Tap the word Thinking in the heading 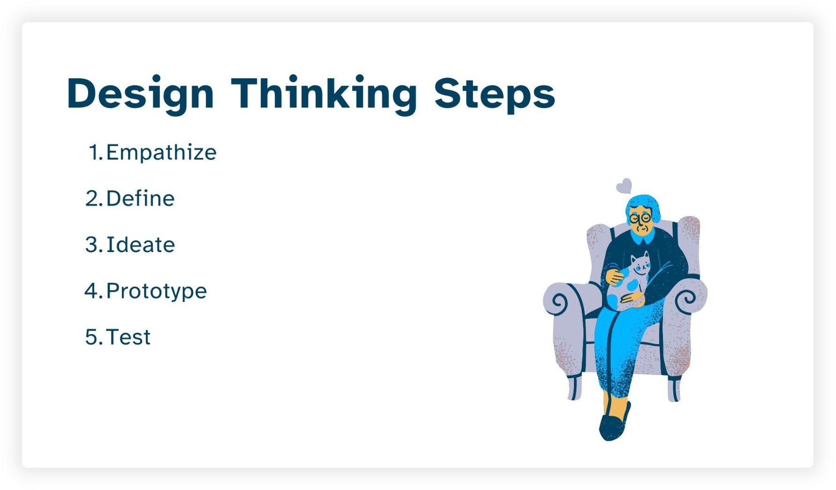click(324, 94)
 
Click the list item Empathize click(161, 153)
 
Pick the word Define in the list click(140, 199)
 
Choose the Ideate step click(140, 245)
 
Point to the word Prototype click(156, 291)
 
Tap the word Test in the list click(128, 337)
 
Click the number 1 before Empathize click(95, 153)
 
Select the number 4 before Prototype click(91, 291)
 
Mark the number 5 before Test click(91, 337)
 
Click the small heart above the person click(624, 186)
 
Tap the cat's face click(640, 268)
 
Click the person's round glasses click(640, 219)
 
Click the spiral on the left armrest click(558, 301)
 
